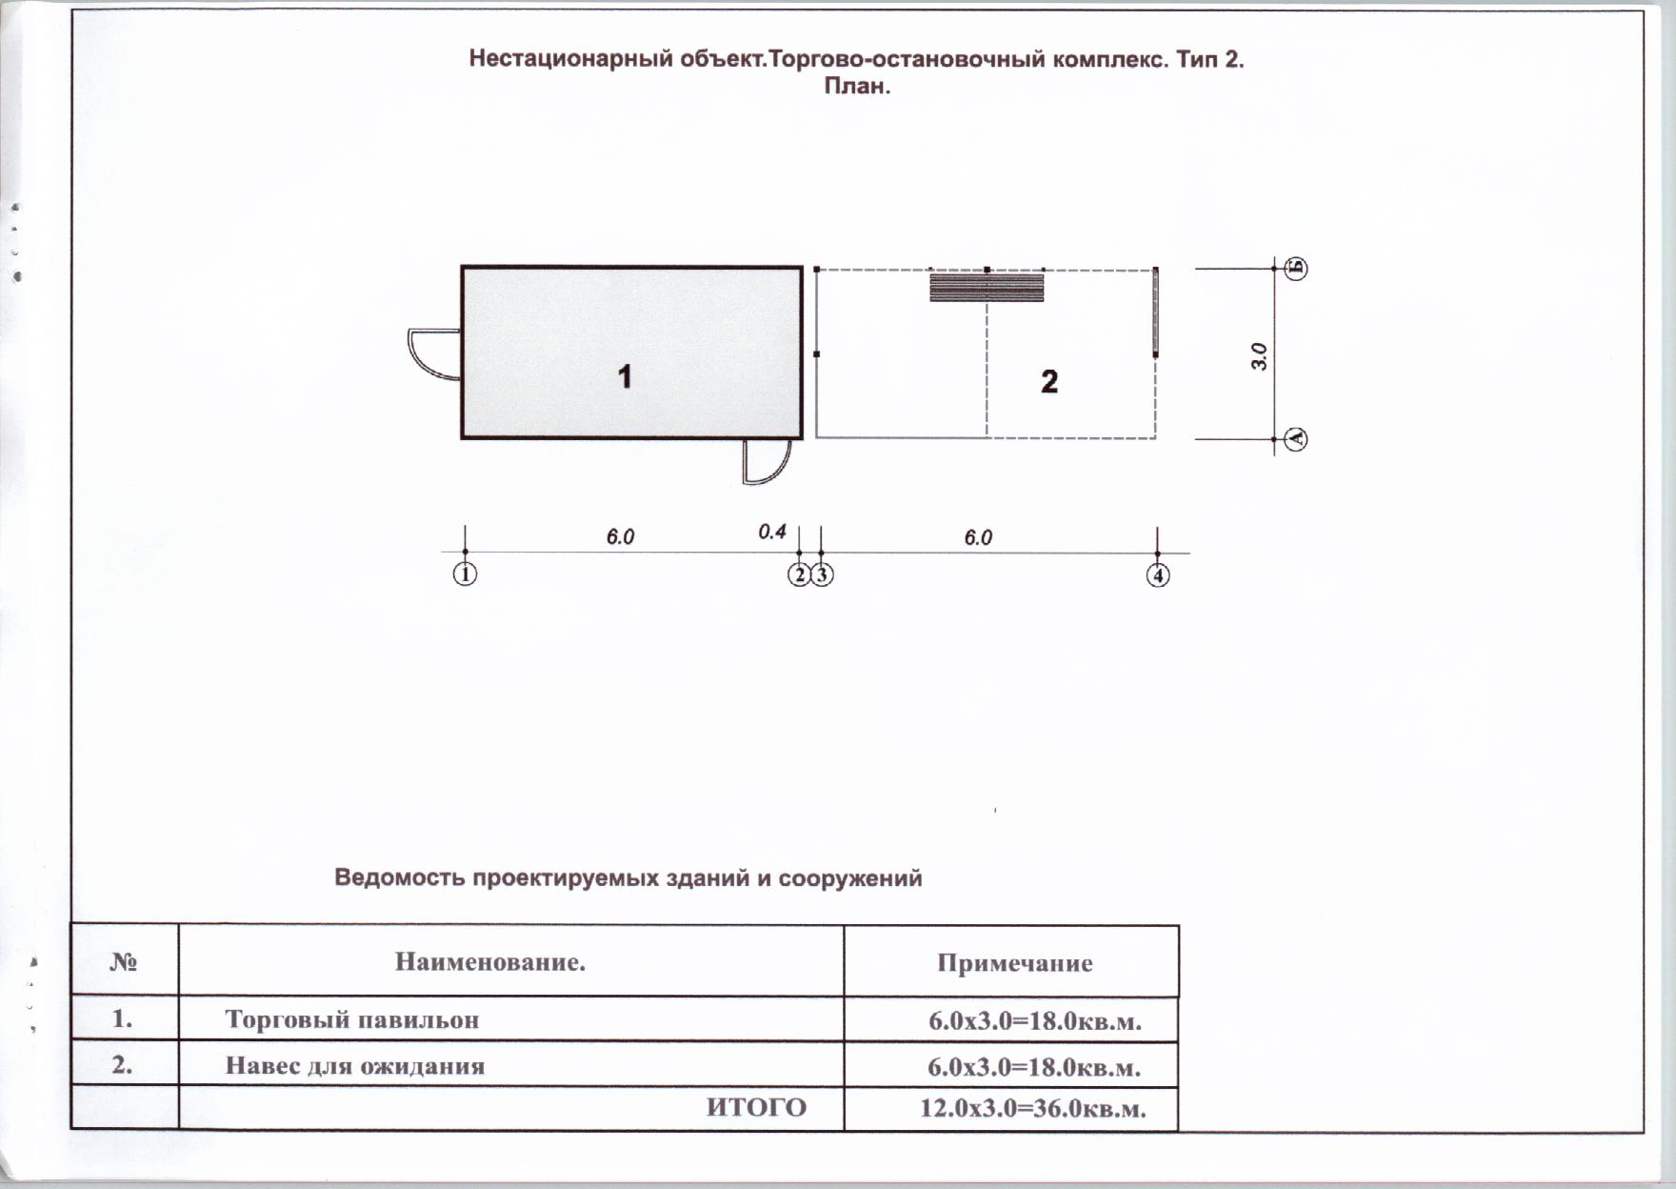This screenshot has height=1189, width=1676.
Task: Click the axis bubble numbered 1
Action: click(465, 575)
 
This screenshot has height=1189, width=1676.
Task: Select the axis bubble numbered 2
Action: click(799, 575)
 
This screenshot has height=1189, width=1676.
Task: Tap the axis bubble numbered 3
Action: click(822, 575)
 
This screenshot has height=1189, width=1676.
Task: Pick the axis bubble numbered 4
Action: click(1158, 575)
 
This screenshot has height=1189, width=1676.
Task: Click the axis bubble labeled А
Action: click(1296, 439)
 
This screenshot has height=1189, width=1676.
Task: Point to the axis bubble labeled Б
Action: click(1296, 269)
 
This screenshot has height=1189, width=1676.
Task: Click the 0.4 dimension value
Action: click(772, 532)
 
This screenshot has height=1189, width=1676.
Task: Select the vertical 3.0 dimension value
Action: click(1259, 356)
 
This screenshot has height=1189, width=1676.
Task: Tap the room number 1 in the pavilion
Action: click(625, 377)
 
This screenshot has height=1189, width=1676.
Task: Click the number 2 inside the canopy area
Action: click(1048, 382)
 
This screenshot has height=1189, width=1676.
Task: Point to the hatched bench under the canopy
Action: click(987, 287)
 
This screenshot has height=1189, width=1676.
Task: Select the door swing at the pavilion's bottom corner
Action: click(768, 462)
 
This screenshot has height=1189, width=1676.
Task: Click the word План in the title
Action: click(856, 87)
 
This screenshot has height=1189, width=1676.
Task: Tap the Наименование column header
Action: click(489, 962)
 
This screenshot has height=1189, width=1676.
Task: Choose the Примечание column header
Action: click(1014, 963)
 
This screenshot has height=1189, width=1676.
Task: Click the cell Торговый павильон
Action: click(351, 1020)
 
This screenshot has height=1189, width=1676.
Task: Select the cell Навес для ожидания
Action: click(354, 1065)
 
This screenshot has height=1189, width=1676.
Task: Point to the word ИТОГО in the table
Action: click(756, 1108)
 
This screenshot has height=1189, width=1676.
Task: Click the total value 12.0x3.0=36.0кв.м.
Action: click(1032, 1109)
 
